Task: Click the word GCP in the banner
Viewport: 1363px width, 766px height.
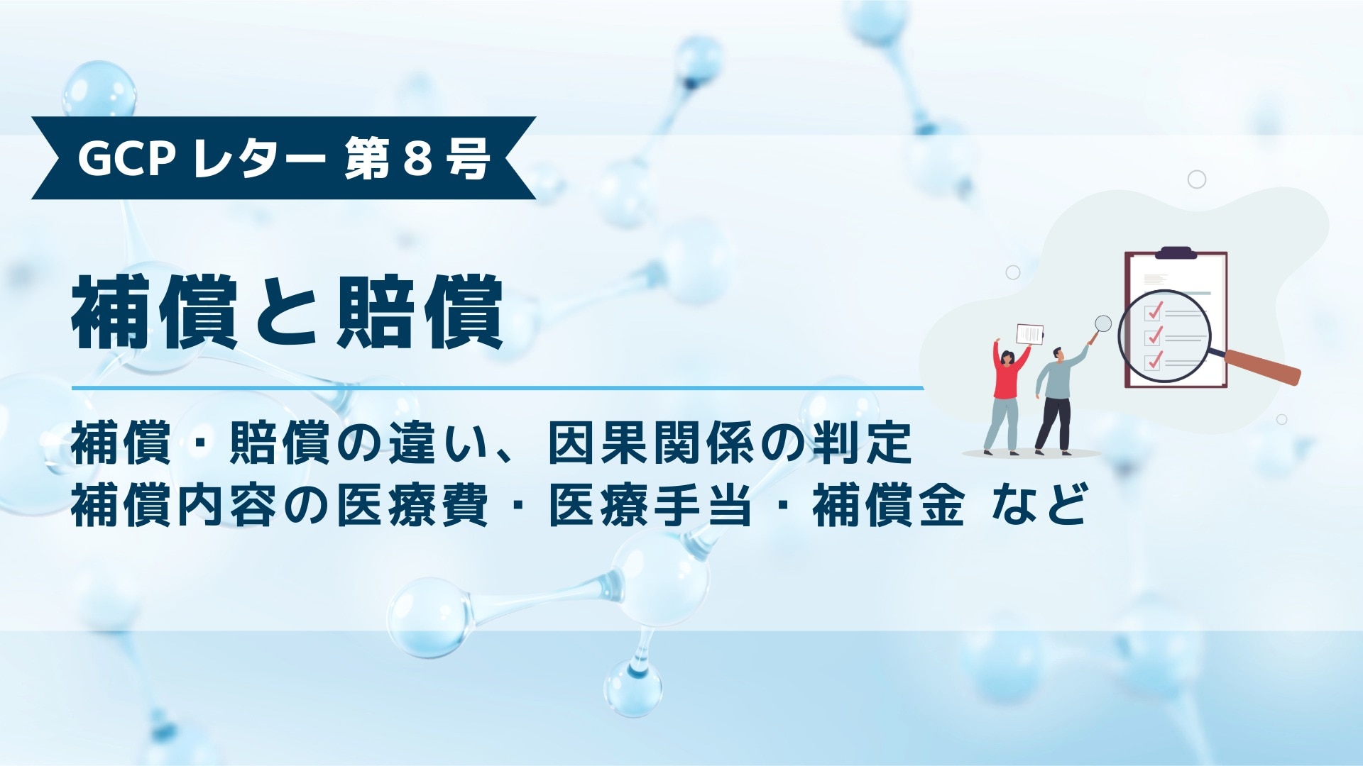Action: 126,158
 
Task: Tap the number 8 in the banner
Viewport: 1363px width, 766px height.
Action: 417,158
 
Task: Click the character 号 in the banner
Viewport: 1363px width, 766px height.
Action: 468,158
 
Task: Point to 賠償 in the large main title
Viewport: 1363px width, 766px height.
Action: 420,313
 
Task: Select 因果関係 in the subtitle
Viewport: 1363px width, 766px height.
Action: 653,444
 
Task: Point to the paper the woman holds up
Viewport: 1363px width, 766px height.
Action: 1030,334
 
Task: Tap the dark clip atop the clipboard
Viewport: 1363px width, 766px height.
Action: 1176,252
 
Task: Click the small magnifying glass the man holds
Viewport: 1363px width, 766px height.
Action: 1102,324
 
